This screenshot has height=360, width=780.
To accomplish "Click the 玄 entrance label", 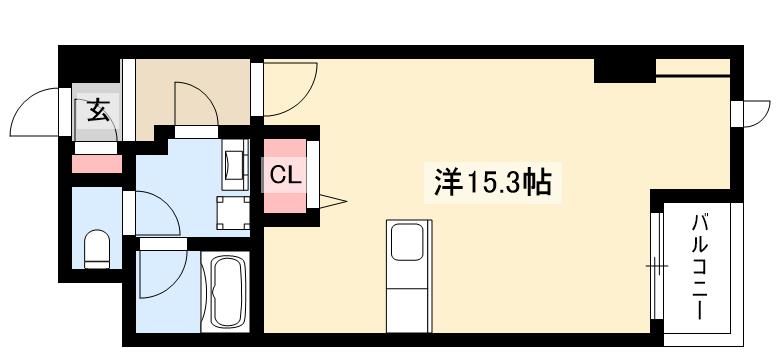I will (98, 110).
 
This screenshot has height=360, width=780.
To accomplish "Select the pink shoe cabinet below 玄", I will (97, 163).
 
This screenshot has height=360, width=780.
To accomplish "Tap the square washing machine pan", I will (235, 211).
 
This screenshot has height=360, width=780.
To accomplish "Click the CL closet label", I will (283, 175).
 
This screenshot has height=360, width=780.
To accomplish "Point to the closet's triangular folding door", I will (330, 203).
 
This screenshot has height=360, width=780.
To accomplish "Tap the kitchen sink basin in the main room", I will (407, 242).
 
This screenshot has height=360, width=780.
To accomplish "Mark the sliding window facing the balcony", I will (656, 266).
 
